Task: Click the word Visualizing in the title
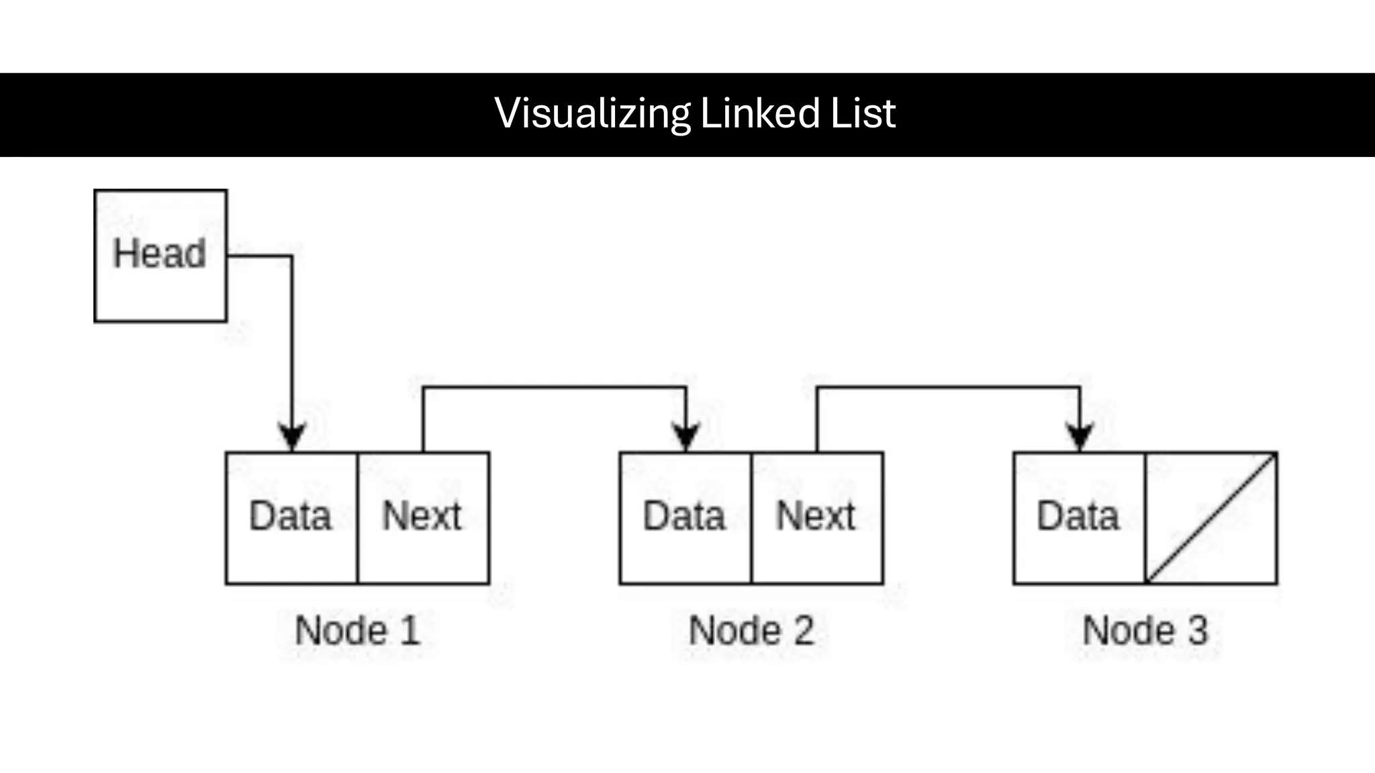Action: (x=592, y=113)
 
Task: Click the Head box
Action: (x=160, y=255)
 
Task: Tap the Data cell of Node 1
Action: (x=291, y=517)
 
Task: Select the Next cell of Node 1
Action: (x=422, y=517)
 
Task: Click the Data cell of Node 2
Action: (x=684, y=517)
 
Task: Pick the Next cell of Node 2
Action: (x=816, y=517)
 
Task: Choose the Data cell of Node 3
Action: (x=1078, y=517)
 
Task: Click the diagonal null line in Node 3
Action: (x=1211, y=518)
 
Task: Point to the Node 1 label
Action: (x=357, y=631)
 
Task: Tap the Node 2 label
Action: (x=751, y=631)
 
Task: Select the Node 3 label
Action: (x=1145, y=631)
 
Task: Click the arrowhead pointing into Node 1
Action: (x=292, y=437)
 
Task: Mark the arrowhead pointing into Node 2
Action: (x=686, y=437)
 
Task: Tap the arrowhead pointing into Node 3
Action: (x=1080, y=437)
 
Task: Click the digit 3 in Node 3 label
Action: (x=1198, y=631)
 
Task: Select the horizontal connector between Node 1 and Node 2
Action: (x=555, y=388)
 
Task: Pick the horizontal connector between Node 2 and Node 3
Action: (x=949, y=388)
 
